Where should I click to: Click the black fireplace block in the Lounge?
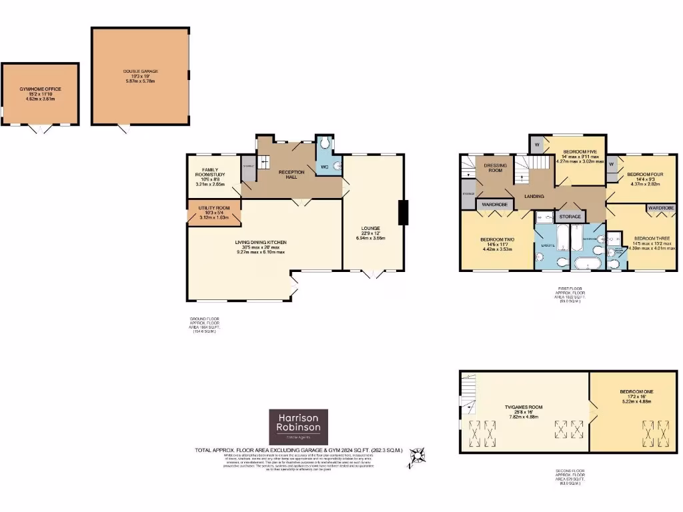[402, 213]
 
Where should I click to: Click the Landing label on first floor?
[534, 196]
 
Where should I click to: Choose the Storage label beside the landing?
[570, 217]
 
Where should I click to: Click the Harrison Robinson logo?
[299, 425]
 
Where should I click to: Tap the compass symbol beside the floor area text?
[418, 457]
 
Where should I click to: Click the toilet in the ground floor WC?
[323, 143]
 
